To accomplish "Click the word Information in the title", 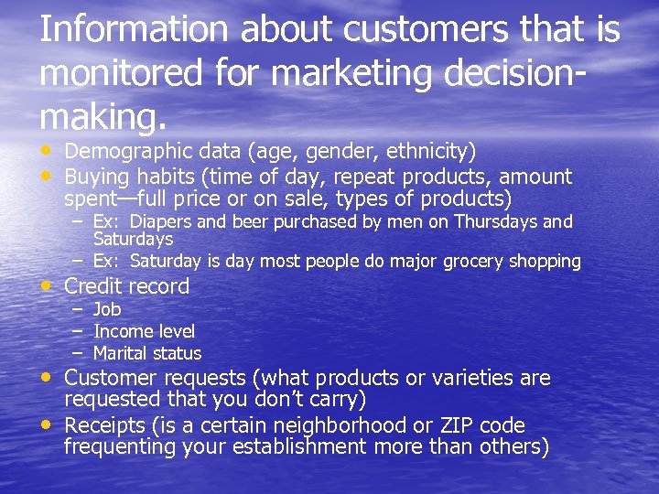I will (x=135, y=29).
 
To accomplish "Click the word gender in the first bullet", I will (x=312, y=151).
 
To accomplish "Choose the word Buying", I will (x=99, y=176).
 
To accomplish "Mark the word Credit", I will (x=95, y=286).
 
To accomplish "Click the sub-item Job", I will (x=107, y=309).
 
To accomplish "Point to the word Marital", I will (x=121, y=353).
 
